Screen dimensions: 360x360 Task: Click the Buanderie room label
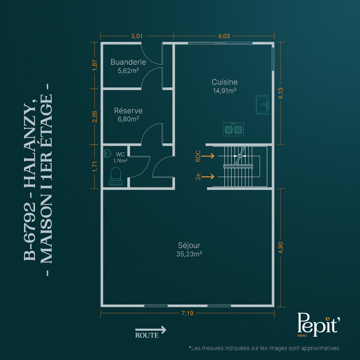coord(128,62)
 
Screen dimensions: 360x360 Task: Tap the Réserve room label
coord(128,111)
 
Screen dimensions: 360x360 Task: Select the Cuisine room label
coord(225,82)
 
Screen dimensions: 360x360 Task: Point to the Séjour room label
coord(189,245)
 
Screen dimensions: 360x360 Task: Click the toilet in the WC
coord(116,176)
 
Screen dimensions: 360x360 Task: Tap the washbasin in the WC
coord(107,153)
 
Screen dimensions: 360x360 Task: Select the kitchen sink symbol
coord(262,105)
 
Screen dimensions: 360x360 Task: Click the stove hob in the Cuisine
coord(233,129)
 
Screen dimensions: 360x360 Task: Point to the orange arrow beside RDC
coord(208,156)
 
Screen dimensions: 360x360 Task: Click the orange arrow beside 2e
coord(208,177)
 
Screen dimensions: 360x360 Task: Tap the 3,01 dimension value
coord(137,36)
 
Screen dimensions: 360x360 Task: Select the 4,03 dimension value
coord(224,36)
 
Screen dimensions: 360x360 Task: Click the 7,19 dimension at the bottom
coord(187,313)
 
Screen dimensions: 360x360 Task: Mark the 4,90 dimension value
coord(281,248)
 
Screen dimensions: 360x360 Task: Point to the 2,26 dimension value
coord(95,117)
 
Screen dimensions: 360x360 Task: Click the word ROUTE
coord(147,335)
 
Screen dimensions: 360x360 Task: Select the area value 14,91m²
coord(225,91)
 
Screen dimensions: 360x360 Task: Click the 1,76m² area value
coord(120,161)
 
